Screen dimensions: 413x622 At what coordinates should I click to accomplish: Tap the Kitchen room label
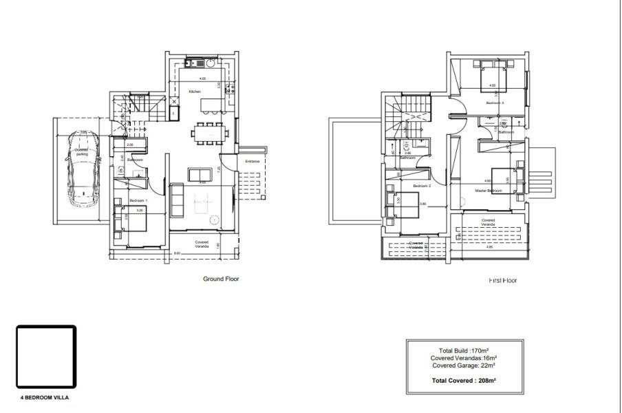(195, 92)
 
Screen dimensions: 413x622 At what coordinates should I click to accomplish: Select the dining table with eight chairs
(207, 132)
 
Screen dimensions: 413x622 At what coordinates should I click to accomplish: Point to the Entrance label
(253, 161)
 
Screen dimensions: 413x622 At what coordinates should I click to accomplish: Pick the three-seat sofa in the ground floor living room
(177, 200)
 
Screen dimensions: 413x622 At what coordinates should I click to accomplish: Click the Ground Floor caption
(221, 279)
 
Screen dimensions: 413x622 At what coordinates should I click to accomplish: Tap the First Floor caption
(502, 280)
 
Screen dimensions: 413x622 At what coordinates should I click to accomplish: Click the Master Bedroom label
(490, 190)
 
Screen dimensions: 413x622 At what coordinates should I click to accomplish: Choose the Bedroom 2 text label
(422, 186)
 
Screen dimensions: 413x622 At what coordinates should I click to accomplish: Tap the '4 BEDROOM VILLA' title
(45, 398)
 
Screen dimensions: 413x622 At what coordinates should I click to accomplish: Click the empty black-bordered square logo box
(45, 357)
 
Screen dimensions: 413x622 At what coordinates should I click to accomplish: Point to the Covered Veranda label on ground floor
(202, 244)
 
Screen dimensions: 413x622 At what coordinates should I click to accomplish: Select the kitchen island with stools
(210, 106)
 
